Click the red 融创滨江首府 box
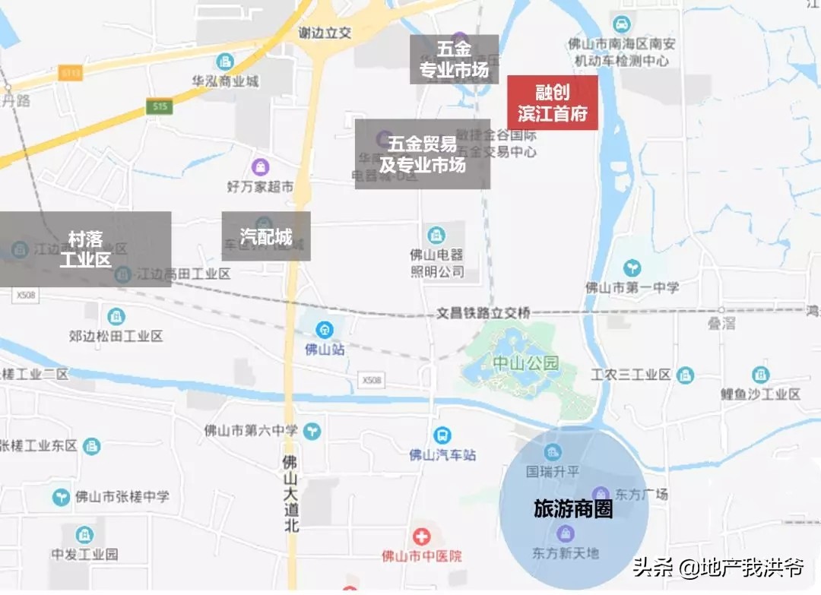tap(552, 103)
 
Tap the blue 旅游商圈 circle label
tap(573, 509)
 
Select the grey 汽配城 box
tap(266, 236)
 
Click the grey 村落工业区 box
tap(85, 248)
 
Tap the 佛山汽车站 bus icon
tap(442, 435)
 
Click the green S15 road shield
tap(160, 108)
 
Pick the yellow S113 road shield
tap(71, 72)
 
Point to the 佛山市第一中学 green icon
tap(632, 267)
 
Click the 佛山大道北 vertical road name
tap(290, 493)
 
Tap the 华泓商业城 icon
tap(225, 61)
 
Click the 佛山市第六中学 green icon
tap(312, 431)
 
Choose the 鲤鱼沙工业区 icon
tap(760, 375)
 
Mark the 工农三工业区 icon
tap(685, 375)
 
